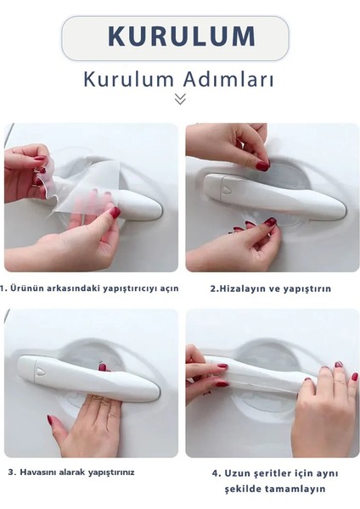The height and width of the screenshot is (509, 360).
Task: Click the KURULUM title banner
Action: point(181,36)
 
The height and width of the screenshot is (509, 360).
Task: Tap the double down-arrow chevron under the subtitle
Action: point(180,99)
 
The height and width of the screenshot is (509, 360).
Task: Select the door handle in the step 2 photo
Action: point(272,195)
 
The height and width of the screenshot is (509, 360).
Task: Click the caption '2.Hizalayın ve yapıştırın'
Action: point(270,288)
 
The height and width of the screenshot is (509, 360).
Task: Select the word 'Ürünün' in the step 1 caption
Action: point(29,288)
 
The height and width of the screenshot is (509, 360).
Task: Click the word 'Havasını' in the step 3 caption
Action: point(41,472)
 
